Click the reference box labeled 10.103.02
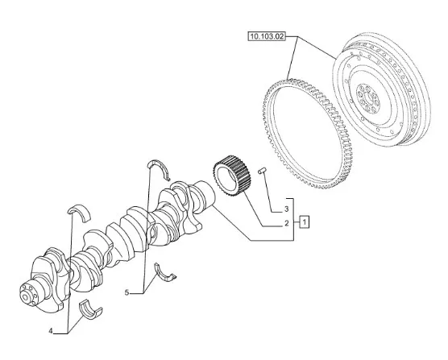click(267, 36)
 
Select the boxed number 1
click(305, 221)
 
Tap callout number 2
click(287, 223)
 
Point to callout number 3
click(287, 209)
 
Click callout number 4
click(51, 331)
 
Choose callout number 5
click(127, 292)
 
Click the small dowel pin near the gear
click(262, 170)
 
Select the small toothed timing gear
click(232, 176)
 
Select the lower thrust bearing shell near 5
click(165, 273)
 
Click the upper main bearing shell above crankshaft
click(80, 212)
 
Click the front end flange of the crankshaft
click(29, 295)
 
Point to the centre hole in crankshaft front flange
click(26, 297)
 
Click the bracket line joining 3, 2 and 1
click(294, 219)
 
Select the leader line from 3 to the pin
click(270, 192)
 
